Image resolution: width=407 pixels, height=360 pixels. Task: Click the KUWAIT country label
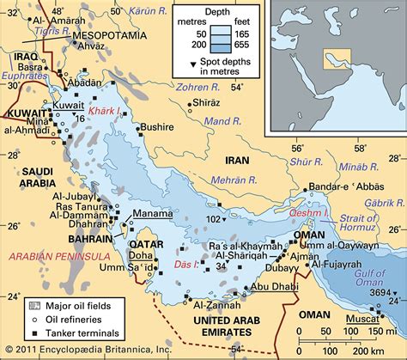(27, 113)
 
